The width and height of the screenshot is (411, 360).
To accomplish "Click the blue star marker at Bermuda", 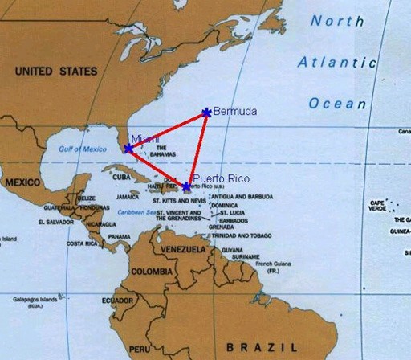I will click(x=207, y=112).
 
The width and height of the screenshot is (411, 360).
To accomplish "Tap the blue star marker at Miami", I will click(x=128, y=149).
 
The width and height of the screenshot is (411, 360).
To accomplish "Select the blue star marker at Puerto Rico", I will click(x=187, y=186).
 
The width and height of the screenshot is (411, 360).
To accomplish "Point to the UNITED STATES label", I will click(x=55, y=72).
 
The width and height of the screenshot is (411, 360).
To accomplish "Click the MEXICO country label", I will click(x=22, y=182).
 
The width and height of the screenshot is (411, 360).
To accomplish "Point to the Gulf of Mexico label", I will click(x=82, y=149).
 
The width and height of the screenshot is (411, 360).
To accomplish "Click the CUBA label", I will click(x=121, y=177).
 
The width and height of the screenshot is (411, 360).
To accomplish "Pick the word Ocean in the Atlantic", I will click(x=337, y=104).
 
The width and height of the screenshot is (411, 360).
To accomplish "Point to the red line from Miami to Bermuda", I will click(x=167, y=130).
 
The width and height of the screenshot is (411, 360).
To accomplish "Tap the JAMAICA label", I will click(x=128, y=196).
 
